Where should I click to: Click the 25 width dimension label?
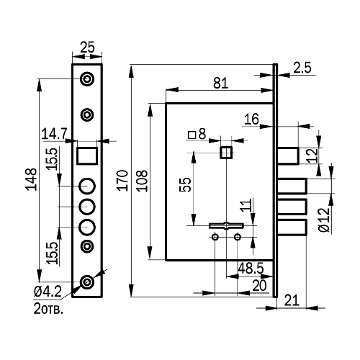87,48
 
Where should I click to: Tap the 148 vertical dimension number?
32,179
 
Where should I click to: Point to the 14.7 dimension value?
55,134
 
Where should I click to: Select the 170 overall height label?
122,181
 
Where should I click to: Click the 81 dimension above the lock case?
220,83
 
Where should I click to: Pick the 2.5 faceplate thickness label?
302,68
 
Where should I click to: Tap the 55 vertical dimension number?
185,184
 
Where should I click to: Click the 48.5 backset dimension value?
251,268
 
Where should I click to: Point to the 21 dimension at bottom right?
292,300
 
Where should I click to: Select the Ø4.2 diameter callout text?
48,292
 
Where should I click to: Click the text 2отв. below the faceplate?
48,309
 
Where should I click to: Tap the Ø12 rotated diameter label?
324,220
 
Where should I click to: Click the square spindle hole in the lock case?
226,153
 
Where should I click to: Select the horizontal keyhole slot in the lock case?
226,225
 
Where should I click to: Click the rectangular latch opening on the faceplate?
87,156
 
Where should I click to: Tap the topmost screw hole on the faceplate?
87,78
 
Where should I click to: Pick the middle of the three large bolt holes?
87,207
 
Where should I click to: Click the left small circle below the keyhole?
215,237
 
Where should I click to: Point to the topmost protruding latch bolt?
288,156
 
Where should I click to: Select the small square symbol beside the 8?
192,135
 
